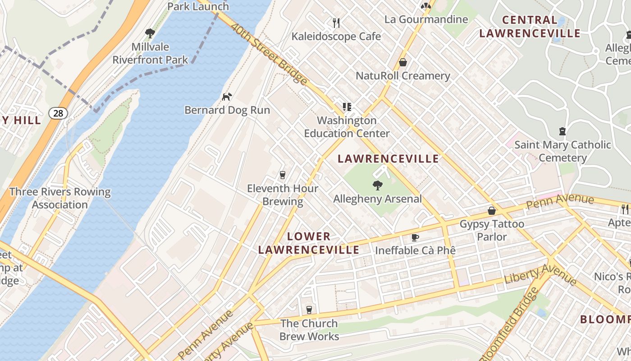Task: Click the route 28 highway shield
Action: click(x=58, y=113)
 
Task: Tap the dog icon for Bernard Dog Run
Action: click(x=227, y=97)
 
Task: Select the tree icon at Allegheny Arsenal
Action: click(x=377, y=185)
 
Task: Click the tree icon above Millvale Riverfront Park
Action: click(x=150, y=33)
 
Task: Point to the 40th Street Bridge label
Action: click(x=269, y=54)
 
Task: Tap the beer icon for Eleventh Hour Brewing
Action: click(x=283, y=175)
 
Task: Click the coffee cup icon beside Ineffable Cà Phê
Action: click(x=415, y=237)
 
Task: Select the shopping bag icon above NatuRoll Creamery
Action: click(x=402, y=62)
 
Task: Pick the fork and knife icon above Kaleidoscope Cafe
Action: click(x=336, y=23)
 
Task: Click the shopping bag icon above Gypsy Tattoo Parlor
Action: click(x=492, y=211)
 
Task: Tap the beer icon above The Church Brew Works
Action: click(x=309, y=310)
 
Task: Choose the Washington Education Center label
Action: click(x=347, y=127)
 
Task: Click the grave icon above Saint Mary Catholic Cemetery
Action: click(x=562, y=132)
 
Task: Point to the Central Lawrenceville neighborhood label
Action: click(x=530, y=27)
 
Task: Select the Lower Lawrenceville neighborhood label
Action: click(x=309, y=243)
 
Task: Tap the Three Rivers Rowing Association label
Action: click(x=60, y=198)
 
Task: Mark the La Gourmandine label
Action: click(x=426, y=19)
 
